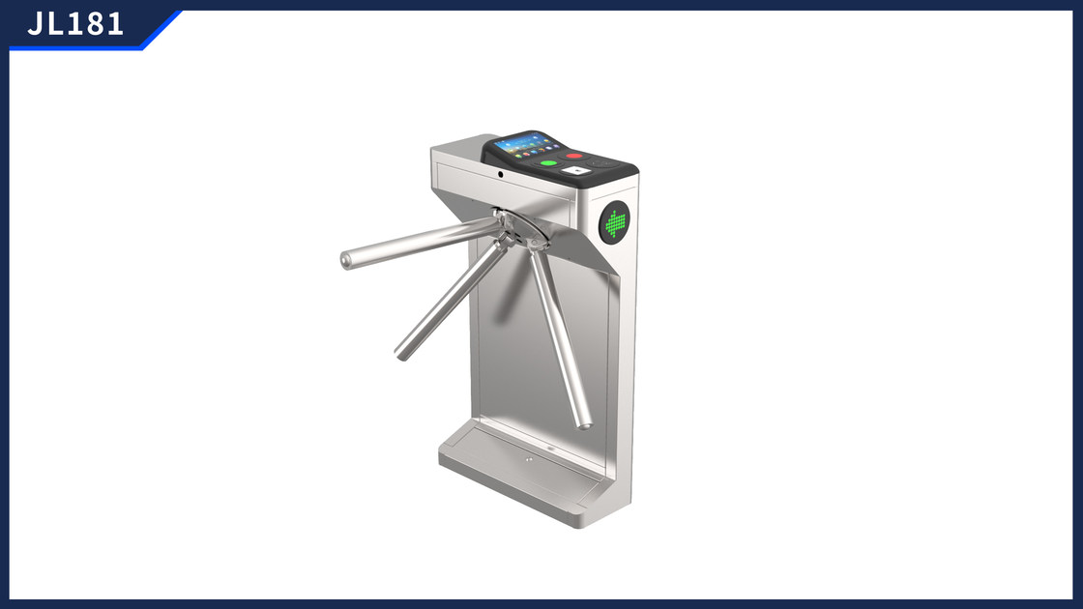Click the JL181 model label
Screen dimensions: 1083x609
(75, 24)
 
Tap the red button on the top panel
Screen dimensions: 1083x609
(574, 156)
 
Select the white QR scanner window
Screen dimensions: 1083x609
(575, 170)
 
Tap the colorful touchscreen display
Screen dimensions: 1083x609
(527, 146)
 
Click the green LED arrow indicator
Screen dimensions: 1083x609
(615, 223)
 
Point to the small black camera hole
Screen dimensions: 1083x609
(500, 174)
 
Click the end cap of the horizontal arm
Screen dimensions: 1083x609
(345, 260)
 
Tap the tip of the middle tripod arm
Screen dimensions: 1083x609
(401, 354)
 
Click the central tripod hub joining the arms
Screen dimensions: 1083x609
(518, 231)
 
